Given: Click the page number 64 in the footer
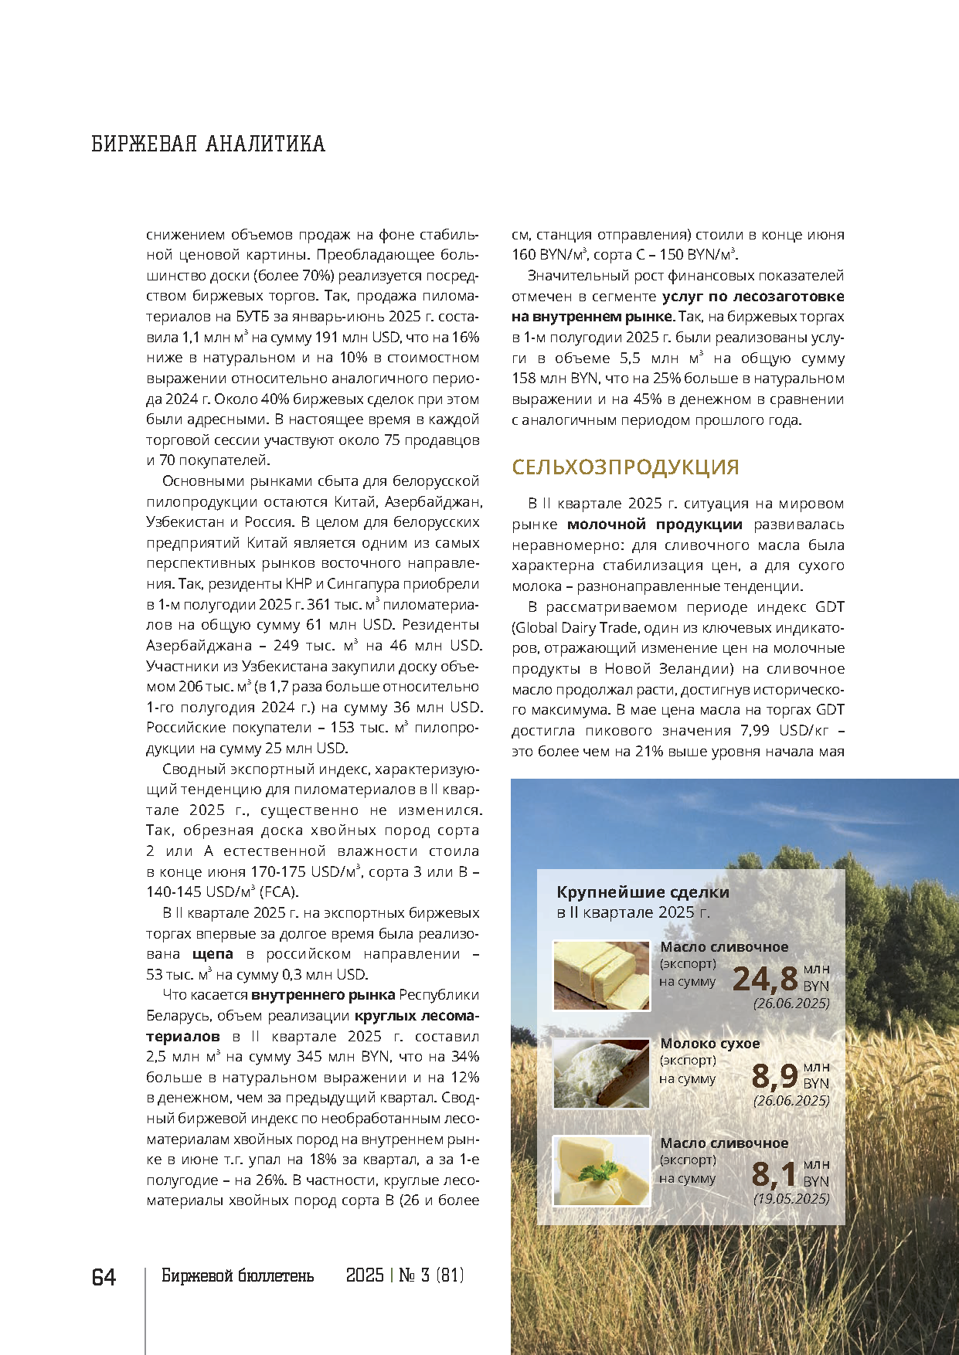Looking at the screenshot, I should pyautogui.click(x=104, y=1277).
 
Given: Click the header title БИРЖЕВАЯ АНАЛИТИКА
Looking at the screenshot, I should pyautogui.click(x=208, y=144).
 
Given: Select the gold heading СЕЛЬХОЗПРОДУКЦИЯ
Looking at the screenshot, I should pyautogui.click(x=625, y=467).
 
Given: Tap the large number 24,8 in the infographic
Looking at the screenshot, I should pyautogui.click(x=764, y=979).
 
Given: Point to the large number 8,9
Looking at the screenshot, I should pyautogui.click(x=774, y=1075).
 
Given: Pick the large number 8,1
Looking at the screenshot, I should pyautogui.click(x=774, y=1174).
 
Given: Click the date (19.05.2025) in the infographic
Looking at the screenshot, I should pyautogui.click(x=791, y=1199).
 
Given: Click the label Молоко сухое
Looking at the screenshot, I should pyautogui.click(x=709, y=1044).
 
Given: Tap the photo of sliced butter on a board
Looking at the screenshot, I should pyautogui.click(x=601, y=975).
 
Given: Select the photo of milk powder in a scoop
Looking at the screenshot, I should pyautogui.click(x=601, y=1072).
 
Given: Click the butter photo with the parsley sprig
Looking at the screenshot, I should pyautogui.click(x=601, y=1170).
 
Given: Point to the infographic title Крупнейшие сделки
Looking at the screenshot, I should pyautogui.click(x=643, y=892).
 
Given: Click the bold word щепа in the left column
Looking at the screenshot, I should pyautogui.click(x=213, y=954).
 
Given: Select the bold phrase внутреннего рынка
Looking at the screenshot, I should pyautogui.click(x=323, y=995).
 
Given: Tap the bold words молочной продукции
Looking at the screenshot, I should pyautogui.click(x=655, y=525).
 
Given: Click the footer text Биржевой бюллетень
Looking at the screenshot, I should pyautogui.click(x=237, y=1275).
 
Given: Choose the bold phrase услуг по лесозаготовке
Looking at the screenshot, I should pyautogui.click(x=753, y=296).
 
